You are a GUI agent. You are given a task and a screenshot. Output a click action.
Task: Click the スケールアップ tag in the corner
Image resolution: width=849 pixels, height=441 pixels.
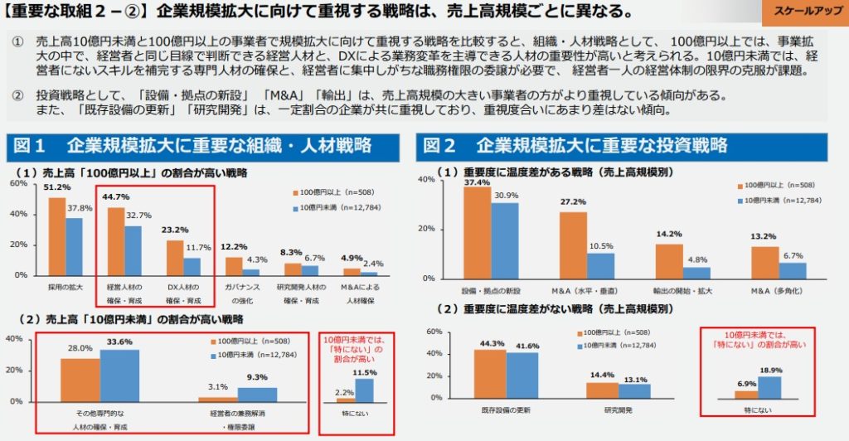tap(803, 13)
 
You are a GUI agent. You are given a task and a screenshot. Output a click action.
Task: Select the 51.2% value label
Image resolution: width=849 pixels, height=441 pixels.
tap(57, 188)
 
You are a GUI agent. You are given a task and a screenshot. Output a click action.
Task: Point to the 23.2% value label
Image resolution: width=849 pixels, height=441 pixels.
tap(174, 230)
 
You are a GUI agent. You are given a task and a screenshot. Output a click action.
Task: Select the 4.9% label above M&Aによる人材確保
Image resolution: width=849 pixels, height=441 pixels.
tap(352, 258)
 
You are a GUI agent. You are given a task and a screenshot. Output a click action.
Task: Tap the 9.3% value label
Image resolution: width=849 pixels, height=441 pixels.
tap(258, 377)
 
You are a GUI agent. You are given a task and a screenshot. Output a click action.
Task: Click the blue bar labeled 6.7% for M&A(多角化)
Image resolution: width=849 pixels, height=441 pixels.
tap(793, 270)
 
